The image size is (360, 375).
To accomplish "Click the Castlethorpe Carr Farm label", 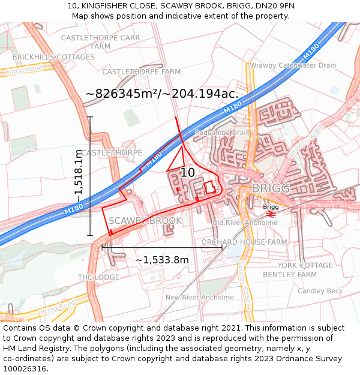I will click(x=101, y=41).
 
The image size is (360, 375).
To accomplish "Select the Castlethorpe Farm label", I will click(x=141, y=71).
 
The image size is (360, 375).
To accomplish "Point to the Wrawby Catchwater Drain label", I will click(x=293, y=65).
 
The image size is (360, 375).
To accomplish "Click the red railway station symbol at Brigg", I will click(x=270, y=214).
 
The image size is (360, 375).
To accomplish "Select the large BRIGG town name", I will click(x=271, y=188).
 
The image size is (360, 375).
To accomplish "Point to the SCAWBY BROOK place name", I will click(x=145, y=221).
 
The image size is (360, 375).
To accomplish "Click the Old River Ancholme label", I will click(x=245, y=223).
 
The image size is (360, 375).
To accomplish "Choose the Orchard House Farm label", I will click(x=244, y=242).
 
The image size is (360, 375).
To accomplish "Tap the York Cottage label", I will click(x=305, y=265).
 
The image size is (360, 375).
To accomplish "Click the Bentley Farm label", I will click(x=290, y=275).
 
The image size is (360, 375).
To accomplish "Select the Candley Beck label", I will click(x=320, y=291).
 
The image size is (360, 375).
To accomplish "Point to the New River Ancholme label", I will click(x=200, y=297).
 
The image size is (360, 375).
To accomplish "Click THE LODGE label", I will click(x=98, y=277).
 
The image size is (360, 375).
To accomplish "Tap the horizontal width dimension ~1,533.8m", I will click(x=162, y=260).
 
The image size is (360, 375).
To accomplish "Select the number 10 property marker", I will click(x=187, y=173).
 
